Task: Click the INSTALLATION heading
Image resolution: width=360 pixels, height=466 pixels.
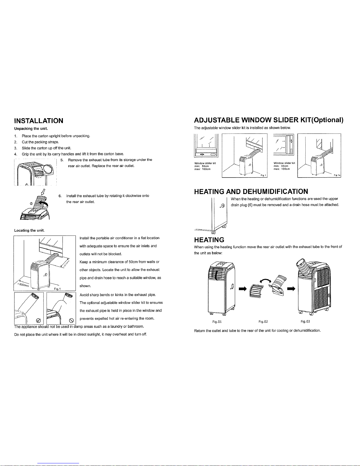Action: [38, 121]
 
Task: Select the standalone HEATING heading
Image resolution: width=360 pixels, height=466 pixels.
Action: [209, 240]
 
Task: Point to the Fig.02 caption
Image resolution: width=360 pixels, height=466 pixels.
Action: [263, 321]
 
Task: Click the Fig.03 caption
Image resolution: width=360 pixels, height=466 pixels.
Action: [306, 321]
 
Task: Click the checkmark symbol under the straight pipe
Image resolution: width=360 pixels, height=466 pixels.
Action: [37, 320]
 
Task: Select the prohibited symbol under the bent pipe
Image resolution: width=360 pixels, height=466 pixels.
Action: [71, 320]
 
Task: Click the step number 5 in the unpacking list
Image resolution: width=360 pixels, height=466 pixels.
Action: [61, 160]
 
